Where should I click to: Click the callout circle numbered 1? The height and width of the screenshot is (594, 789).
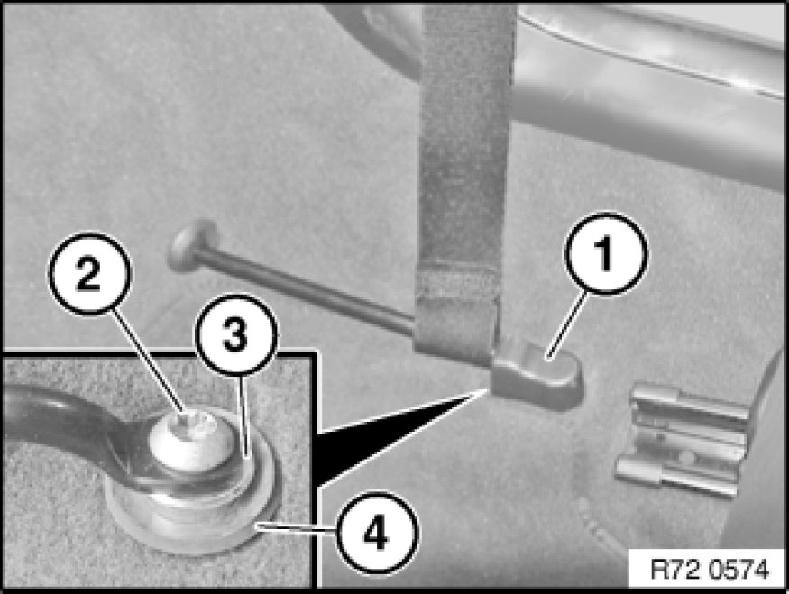[606, 253]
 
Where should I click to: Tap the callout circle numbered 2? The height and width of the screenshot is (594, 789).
[89, 273]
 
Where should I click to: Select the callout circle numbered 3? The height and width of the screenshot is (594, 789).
[236, 334]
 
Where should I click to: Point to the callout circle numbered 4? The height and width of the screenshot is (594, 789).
[376, 533]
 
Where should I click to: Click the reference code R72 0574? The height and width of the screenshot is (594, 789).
[710, 570]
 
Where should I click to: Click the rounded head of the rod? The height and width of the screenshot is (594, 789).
[193, 244]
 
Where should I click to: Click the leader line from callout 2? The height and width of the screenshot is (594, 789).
[149, 362]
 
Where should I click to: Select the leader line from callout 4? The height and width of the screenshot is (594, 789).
[296, 528]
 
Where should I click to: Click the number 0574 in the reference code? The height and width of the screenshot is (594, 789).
[739, 570]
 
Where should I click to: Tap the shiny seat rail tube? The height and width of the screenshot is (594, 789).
[649, 86]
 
